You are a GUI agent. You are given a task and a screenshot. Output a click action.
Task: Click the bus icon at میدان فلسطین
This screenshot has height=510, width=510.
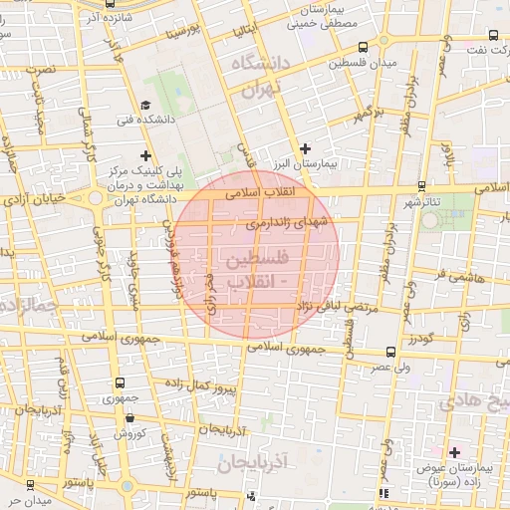pos(364,48)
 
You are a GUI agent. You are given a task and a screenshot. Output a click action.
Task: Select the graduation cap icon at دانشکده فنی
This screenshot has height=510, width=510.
pos(146,105)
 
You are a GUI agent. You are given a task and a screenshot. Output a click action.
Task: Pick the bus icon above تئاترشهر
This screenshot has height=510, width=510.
pos(422,186)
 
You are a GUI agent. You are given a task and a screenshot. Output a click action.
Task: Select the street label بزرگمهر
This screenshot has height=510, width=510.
pos(366,114)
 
